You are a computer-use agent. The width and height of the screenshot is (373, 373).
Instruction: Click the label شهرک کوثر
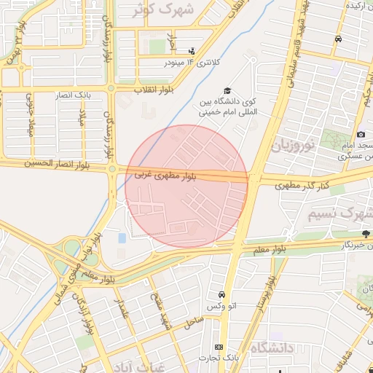coord(173,9)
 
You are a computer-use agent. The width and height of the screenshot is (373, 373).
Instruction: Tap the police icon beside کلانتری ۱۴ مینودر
coord(192,50)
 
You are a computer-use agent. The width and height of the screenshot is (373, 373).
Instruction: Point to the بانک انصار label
coord(73,95)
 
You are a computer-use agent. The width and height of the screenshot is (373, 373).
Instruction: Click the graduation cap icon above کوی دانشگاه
coord(227,91)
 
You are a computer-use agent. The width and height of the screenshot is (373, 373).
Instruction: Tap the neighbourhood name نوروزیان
coord(294,146)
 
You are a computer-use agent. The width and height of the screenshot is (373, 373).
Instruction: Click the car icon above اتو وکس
coord(220,295)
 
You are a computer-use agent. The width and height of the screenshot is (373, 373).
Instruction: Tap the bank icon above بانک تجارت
coord(219,346)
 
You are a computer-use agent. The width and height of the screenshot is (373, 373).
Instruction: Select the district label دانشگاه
coord(269,348)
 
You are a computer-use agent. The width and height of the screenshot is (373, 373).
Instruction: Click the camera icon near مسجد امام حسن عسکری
coord(361,135)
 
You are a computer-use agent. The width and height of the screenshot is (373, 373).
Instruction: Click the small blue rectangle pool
coord(121,238)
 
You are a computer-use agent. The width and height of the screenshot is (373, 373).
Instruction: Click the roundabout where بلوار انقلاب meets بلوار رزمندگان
coord(111,89)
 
